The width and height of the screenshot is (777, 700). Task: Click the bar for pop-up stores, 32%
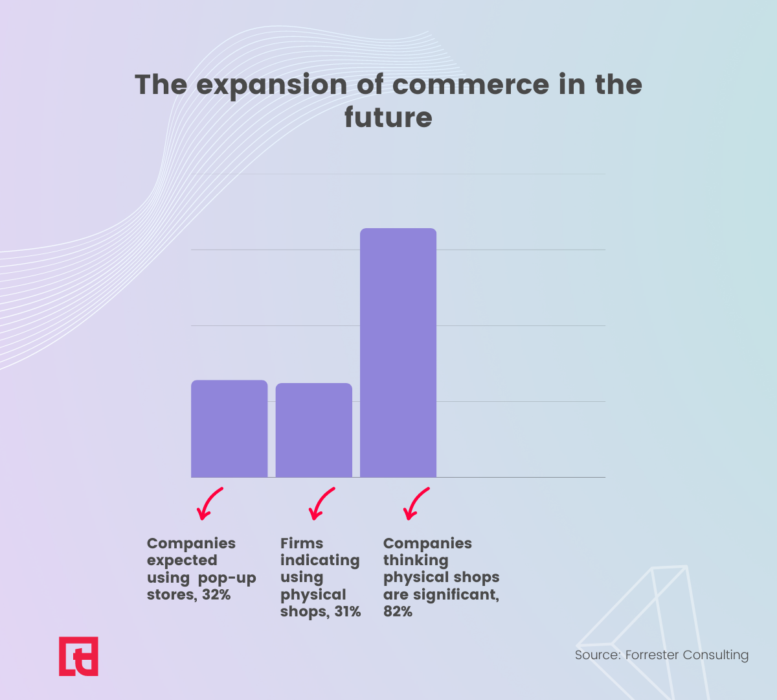(x=229, y=428)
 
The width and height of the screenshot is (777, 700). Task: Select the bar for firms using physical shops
(x=314, y=430)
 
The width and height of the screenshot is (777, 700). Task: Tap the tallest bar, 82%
(x=398, y=353)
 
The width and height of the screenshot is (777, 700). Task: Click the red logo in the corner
(x=78, y=656)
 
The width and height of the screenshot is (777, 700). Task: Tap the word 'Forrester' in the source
(x=652, y=655)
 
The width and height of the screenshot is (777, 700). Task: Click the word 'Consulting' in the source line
(x=715, y=655)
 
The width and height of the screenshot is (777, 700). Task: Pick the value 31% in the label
(x=348, y=612)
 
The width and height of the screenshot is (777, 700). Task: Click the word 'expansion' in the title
(x=272, y=86)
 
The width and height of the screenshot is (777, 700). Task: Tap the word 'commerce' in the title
(x=471, y=86)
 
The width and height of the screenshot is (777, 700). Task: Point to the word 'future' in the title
(x=388, y=117)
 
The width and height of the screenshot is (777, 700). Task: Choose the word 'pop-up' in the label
(x=227, y=579)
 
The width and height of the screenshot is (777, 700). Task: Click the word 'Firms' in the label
(x=302, y=543)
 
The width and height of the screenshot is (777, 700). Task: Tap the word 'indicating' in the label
(x=320, y=561)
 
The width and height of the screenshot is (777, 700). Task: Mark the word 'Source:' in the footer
(x=598, y=655)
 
